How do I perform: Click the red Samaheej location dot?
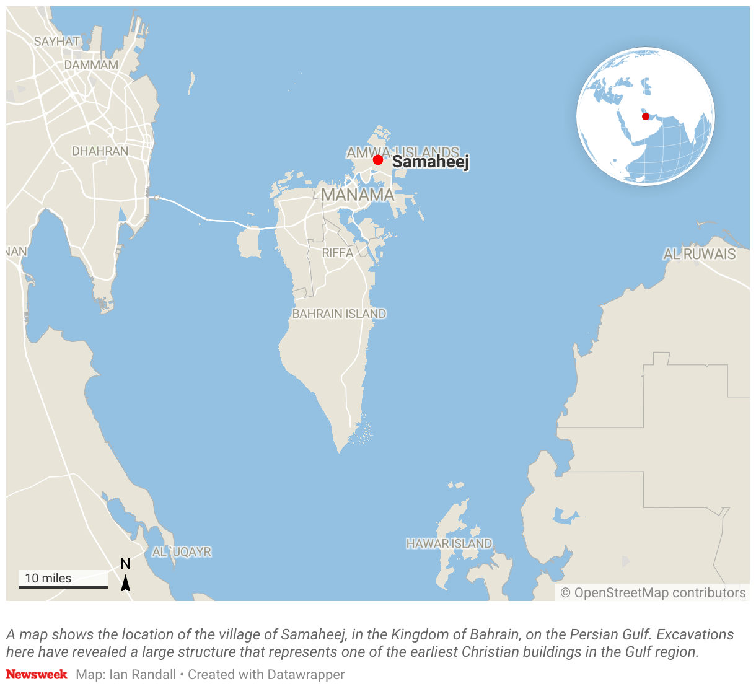(378, 160)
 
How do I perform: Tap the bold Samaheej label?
(431, 162)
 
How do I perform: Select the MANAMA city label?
(358, 195)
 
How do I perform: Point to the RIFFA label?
(338, 253)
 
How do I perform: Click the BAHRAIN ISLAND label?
(339, 314)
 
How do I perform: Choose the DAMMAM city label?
(91, 64)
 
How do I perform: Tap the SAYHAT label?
(56, 42)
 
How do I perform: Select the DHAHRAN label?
(100, 151)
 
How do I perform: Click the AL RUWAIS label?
(700, 254)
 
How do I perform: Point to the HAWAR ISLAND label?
(449, 543)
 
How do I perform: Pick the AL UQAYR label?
(182, 551)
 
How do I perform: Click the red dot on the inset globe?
(646, 116)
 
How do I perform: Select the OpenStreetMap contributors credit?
(653, 593)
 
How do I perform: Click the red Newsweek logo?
(37, 674)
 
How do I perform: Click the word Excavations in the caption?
(695, 634)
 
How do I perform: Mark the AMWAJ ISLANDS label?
(403, 152)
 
